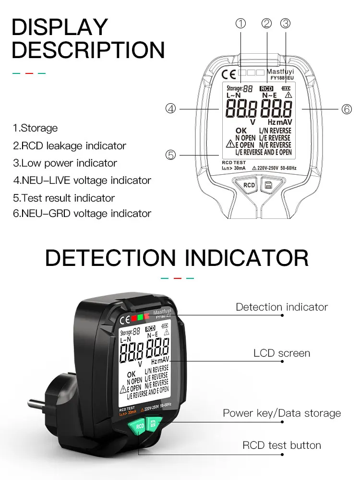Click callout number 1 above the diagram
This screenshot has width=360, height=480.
pos(241,23)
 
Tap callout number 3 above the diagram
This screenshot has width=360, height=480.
pos(286,23)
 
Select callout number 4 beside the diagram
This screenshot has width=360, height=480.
pos(171,109)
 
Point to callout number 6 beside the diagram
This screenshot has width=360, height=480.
pos(347,109)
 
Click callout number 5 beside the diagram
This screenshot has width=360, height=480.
pos(171,155)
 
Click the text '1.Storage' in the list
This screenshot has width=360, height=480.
pos(35,128)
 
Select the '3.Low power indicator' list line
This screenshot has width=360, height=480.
pos(65,163)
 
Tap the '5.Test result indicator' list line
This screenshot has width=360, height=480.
pos(64,198)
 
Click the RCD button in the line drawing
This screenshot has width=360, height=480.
pos(249,185)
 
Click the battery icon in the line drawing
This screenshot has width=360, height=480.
pos(287,88)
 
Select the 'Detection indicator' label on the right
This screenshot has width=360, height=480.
pos(282,307)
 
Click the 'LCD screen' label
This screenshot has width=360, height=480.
pos(282,353)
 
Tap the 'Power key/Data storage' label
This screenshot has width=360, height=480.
pos(282,413)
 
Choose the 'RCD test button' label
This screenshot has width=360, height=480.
pos(282,445)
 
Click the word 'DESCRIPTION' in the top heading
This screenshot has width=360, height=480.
pos(88,49)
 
